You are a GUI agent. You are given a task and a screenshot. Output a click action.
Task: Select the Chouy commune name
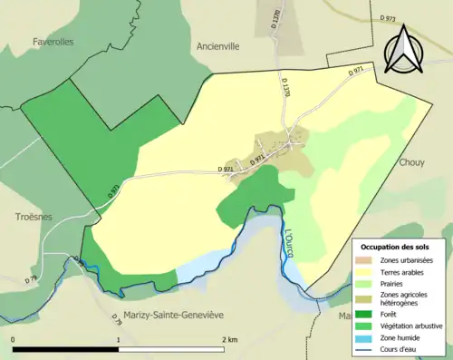pos(411,162)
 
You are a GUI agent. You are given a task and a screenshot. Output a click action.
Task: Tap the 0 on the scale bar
pos(13,339)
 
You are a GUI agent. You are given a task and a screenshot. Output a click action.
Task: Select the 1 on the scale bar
pos(118,339)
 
